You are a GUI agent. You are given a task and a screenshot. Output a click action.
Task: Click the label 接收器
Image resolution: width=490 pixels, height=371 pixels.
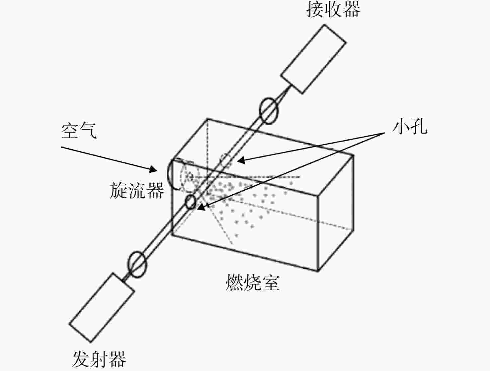coord(333,10)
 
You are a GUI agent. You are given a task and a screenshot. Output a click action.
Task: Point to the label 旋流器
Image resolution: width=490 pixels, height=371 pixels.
coord(137,190)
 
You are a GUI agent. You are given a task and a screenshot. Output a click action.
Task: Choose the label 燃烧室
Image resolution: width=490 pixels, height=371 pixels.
coord(253,283)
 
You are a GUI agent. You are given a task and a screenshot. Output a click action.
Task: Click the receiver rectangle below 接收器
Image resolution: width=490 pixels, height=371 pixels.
coord(313,59)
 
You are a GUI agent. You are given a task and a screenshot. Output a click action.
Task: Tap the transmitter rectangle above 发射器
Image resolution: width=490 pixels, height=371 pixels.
coord(102,307)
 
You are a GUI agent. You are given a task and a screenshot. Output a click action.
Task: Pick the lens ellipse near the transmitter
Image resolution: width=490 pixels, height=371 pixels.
coord(128,265)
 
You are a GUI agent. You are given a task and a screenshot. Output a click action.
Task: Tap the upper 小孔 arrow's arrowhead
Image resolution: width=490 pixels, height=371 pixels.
coord(241,160)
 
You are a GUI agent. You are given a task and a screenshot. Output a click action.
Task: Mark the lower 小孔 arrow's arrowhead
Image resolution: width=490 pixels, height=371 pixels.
coord(201,207)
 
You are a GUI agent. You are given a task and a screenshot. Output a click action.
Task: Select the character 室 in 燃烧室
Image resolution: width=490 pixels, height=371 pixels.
coord(271,283)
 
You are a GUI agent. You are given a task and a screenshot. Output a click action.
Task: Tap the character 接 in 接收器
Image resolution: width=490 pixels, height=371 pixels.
coord(315,10)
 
